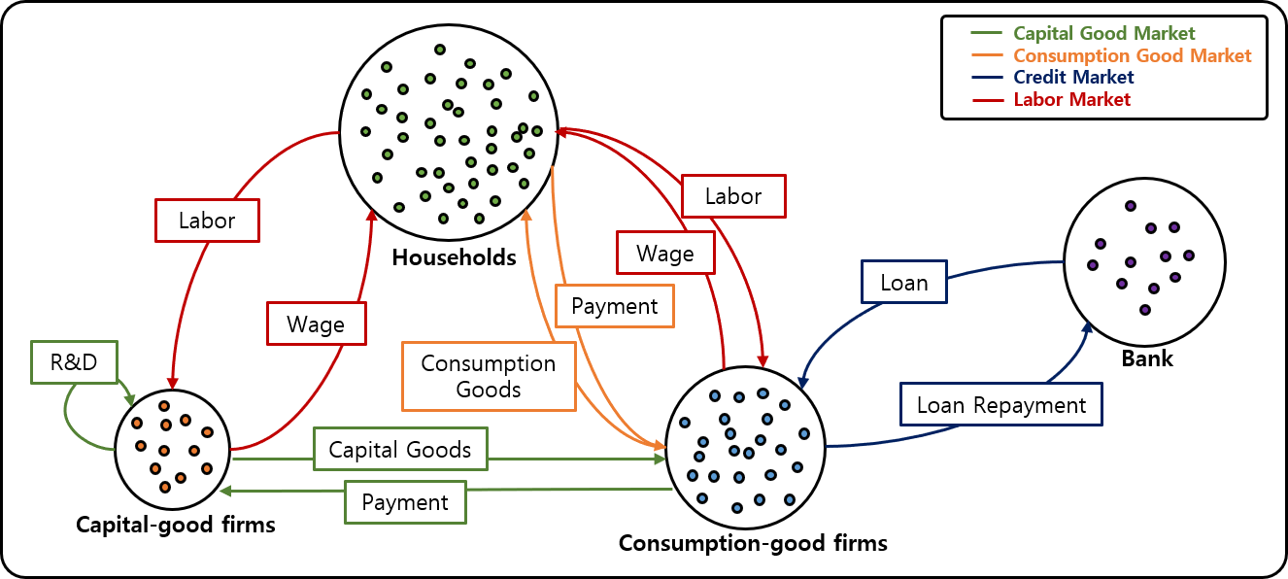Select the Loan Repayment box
[x=1001, y=404]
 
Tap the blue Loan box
[x=903, y=283]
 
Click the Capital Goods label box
[x=400, y=449]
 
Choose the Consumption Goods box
[x=488, y=376]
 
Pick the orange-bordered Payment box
[x=614, y=306]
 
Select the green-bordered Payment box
[x=405, y=502]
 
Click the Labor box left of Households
[x=207, y=221]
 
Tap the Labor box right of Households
[x=732, y=196]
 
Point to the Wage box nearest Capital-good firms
[x=316, y=323]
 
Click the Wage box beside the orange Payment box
[x=665, y=254]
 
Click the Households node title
[x=454, y=257]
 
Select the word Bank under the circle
[x=1147, y=358]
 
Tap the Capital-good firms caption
[x=176, y=525]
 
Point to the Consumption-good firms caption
[x=753, y=542]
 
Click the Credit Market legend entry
[x=1072, y=78]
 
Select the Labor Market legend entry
[x=1071, y=99]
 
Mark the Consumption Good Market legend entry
[x=1132, y=56]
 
